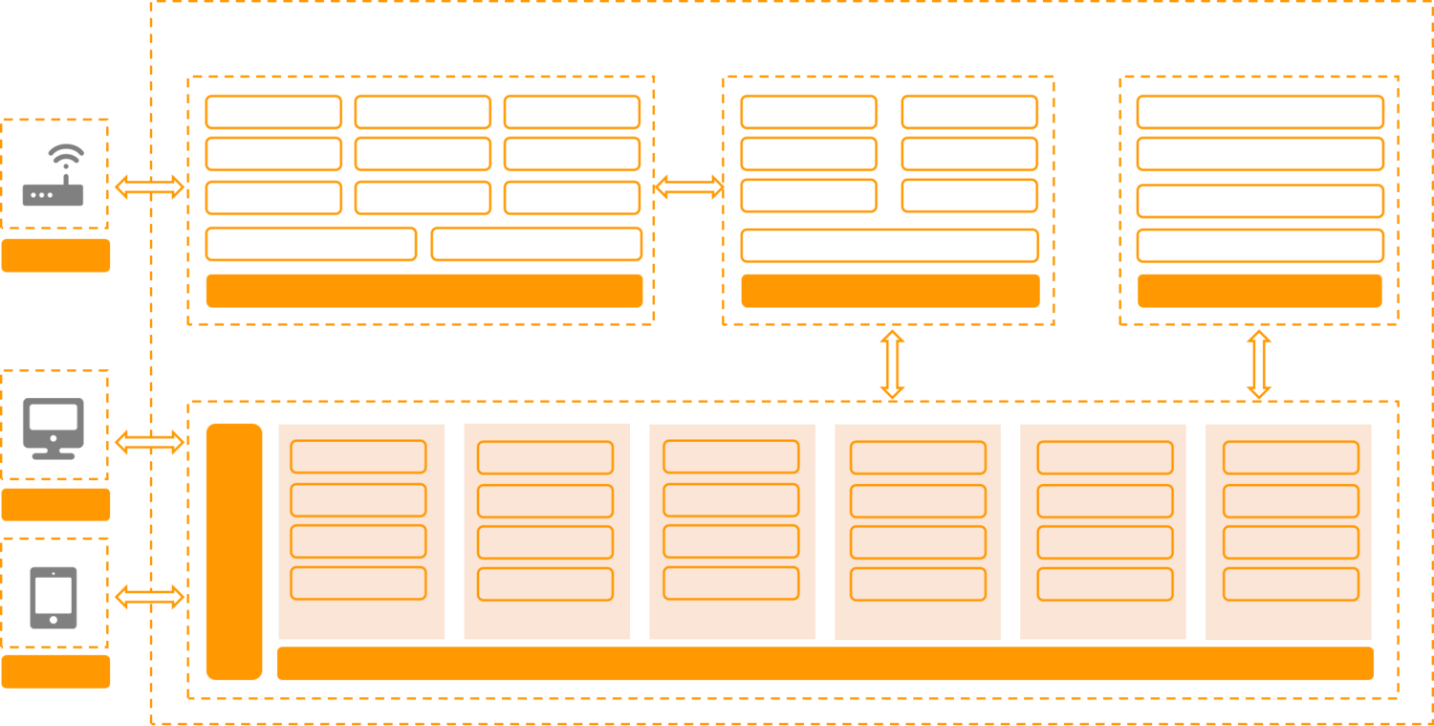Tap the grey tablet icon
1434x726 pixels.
click(x=54, y=597)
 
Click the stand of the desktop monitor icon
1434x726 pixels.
click(x=54, y=453)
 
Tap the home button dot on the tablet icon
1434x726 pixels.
click(x=54, y=620)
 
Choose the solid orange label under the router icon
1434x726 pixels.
click(x=55, y=255)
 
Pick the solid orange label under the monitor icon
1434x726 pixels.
click(x=55, y=504)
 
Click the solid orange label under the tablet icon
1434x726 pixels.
click(x=55, y=671)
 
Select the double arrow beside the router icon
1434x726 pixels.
click(x=150, y=187)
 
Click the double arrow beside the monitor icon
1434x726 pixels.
click(x=150, y=441)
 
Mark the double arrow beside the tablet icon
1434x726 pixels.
click(x=150, y=597)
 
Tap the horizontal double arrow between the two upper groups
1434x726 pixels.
click(x=688, y=187)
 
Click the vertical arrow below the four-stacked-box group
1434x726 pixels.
click(x=1259, y=363)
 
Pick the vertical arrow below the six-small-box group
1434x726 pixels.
click(x=892, y=363)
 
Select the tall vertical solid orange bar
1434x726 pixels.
click(x=234, y=551)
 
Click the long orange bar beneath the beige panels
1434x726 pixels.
click(x=825, y=664)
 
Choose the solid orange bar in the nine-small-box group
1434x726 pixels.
click(x=424, y=291)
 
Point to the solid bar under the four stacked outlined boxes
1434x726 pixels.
click(x=1259, y=291)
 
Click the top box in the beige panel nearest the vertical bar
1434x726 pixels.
click(x=358, y=456)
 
